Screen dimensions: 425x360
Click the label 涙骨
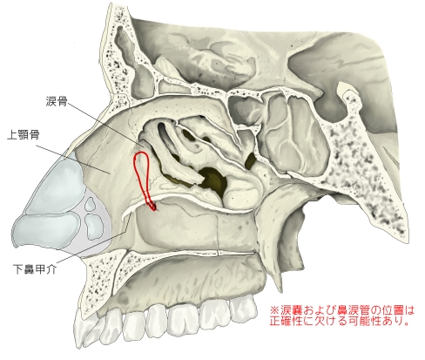pyautogui.click(x=57, y=101)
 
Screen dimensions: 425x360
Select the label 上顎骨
pyautogui.click(x=23, y=135)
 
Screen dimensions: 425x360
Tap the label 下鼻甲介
pyautogui.click(x=35, y=269)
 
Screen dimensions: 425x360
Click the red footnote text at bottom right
pyautogui.click(x=342, y=316)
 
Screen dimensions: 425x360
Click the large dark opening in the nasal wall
pyautogui.click(x=213, y=180)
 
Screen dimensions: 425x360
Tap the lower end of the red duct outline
pyautogui.click(x=154, y=208)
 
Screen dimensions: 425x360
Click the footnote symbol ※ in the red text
pyautogui.click(x=274, y=310)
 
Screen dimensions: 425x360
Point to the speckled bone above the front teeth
pyautogui.click(x=98, y=279)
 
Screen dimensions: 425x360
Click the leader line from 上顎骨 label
pyautogui.click(x=73, y=160)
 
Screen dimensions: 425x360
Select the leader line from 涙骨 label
pyautogui.click(x=106, y=124)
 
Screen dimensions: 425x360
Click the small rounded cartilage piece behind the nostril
pyautogui.click(x=91, y=204)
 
